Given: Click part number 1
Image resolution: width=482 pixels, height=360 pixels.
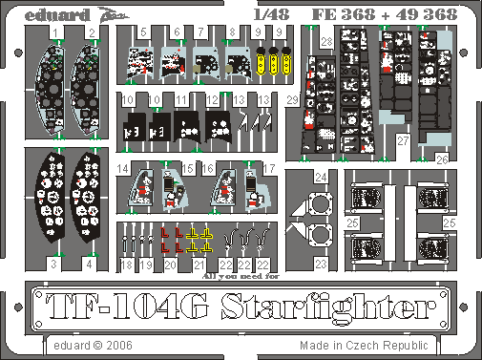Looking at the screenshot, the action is click(x=58, y=32).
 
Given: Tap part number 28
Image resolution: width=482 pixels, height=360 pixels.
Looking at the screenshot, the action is click(x=326, y=43).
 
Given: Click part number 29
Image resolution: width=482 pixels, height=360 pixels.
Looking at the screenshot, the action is click(x=292, y=100).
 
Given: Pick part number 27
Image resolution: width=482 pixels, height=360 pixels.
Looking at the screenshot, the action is click(x=405, y=140).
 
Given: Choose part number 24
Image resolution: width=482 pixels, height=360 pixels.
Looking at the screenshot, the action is click(x=321, y=178).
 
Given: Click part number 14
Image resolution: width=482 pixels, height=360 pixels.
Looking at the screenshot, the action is click(x=125, y=170).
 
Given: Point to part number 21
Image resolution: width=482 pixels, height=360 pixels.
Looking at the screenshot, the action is click(x=199, y=264).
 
